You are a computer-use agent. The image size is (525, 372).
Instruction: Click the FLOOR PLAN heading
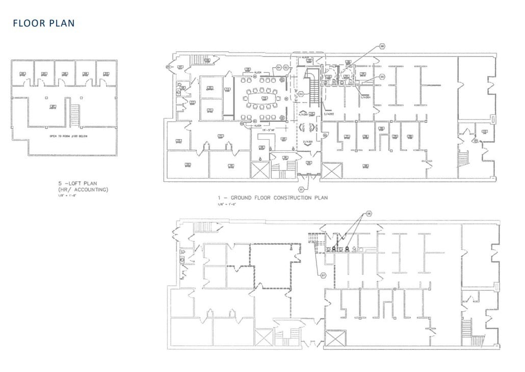[43, 23]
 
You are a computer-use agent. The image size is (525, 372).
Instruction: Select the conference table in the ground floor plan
[265, 98]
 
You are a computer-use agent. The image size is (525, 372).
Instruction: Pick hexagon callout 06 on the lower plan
[369, 214]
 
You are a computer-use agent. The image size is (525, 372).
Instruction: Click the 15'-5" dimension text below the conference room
[270, 129]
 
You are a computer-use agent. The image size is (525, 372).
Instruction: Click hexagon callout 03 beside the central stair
[301, 94]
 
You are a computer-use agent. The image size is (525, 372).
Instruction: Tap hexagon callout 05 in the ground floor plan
[381, 76]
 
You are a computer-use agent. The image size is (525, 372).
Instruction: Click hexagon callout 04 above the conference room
[279, 67]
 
